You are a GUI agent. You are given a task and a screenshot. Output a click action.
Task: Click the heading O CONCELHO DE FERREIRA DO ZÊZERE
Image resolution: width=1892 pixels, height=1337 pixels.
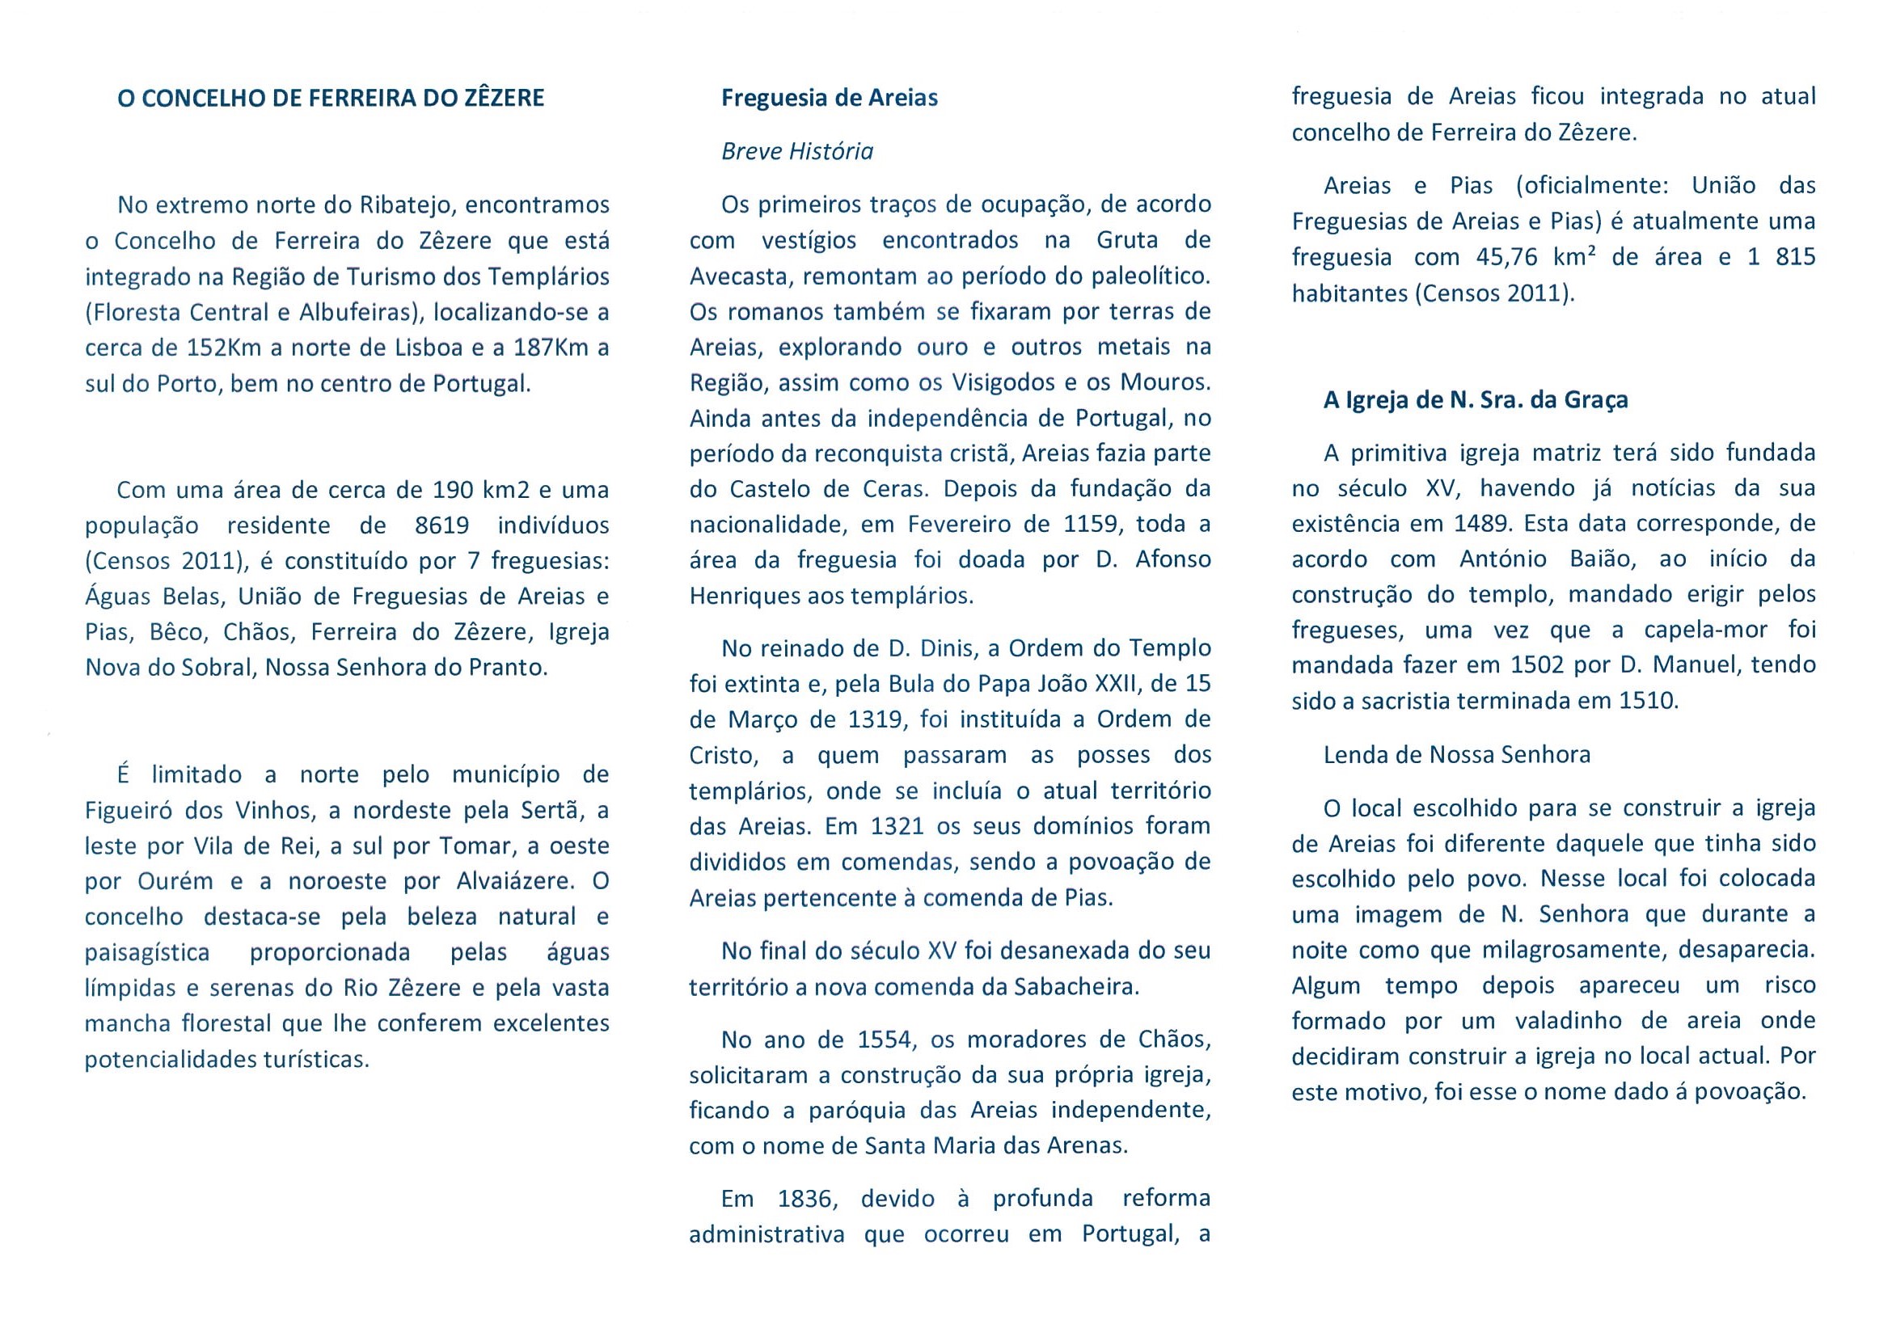click(x=331, y=99)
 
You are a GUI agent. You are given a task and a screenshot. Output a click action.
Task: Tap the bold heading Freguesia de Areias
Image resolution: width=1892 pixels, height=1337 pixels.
click(x=829, y=98)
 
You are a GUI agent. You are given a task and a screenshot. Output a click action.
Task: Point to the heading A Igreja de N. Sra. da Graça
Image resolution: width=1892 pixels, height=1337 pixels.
click(x=1475, y=400)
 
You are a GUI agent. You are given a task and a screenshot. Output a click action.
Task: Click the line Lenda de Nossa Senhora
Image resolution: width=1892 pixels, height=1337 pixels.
click(x=1456, y=754)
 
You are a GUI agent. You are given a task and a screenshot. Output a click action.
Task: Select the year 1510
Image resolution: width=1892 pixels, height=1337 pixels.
click(x=1647, y=701)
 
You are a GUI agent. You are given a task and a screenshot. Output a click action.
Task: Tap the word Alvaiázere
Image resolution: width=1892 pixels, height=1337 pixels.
click(x=515, y=881)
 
